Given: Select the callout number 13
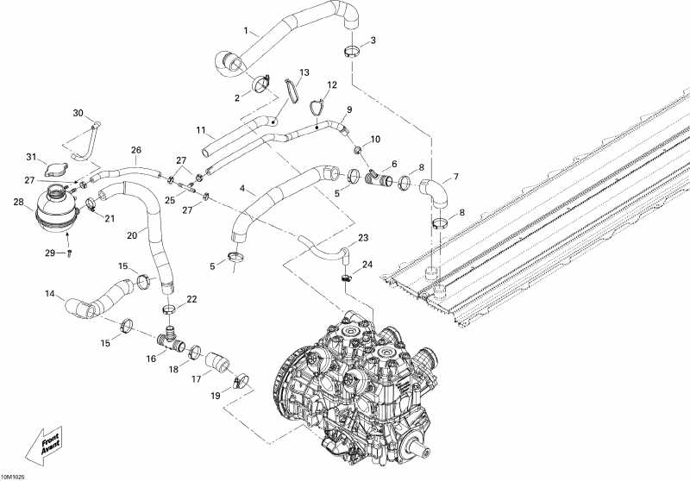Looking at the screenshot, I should coord(304,72).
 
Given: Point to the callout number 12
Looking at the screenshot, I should coord(332,85).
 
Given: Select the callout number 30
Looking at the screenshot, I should coord(78,114).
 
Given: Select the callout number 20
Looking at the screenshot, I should coord(132,234).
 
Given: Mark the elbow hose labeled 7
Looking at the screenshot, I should coord(435,192).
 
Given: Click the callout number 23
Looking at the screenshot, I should coord(363,238).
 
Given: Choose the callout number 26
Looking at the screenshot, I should coord(135,149).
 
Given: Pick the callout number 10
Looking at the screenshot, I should coord(374,139).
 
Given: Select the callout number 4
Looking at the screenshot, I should coord(242,188).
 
